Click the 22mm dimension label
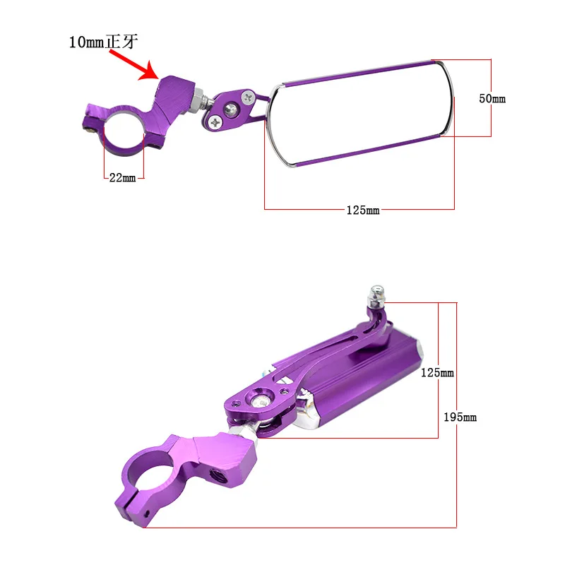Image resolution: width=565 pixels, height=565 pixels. (122, 178)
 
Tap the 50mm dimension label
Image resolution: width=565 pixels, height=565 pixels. (492, 98)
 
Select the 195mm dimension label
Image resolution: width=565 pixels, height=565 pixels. (460, 417)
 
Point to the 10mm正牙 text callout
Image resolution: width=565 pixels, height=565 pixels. (103, 42)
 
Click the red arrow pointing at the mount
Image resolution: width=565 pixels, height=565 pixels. (134, 65)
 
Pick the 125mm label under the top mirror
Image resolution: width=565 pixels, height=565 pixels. (363, 210)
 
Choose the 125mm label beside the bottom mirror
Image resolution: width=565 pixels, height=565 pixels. (437, 372)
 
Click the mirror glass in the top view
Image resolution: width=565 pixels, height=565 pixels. (360, 114)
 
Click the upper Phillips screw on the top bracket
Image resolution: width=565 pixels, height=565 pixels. (248, 97)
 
